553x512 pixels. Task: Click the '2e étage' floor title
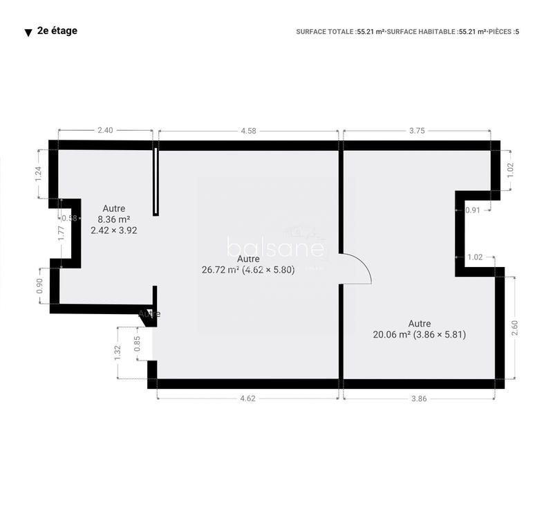tap(57, 30)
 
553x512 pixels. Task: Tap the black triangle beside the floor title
tap(28, 33)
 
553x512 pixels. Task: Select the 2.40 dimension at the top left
tap(105, 129)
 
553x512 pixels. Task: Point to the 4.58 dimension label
tap(248, 129)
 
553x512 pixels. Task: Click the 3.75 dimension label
tap(416, 129)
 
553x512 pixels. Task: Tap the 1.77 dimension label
tap(61, 234)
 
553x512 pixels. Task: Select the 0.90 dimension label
tap(39, 286)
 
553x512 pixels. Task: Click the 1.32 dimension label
tap(118, 353)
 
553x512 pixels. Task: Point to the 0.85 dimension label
tap(138, 344)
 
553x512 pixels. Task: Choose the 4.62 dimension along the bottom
tap(247, 398)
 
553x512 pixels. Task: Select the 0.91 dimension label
tap(473, 210)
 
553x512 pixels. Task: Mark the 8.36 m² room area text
tap(114, 219)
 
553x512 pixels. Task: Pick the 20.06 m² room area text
tap(420, 334)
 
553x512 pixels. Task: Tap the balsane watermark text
tap(275, 248)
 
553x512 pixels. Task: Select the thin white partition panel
tap(156, 181)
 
